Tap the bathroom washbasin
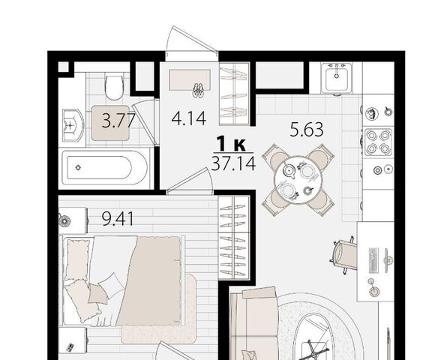pyautogui.click(x=73, y=124)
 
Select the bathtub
pyautogui.click(x=104, y=168)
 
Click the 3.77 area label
pyautogui.click(x=118, y=121)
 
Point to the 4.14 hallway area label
pyautogui.click(x=189, y=118)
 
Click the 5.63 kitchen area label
pyautogui.click(x=307, y=129)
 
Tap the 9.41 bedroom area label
pyautogui.click(x=118, y=219)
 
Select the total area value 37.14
pyautogui.click(x=233, y=163)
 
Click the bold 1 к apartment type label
pyautogui.click(x=231, y=144)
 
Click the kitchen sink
pyautogui.click(x=337, y=78)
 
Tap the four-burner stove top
pyautogui.click(x=378, y=142)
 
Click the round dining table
pyautogui.click(x=298, y=180)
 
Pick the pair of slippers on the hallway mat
pyautogui.click(x=198, y=90)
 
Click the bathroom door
pyautogui.click(x=145, y=123)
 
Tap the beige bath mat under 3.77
pyautogui.click(x=110, y=123)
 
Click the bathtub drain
pyautogui.click(x=78, y=167)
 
